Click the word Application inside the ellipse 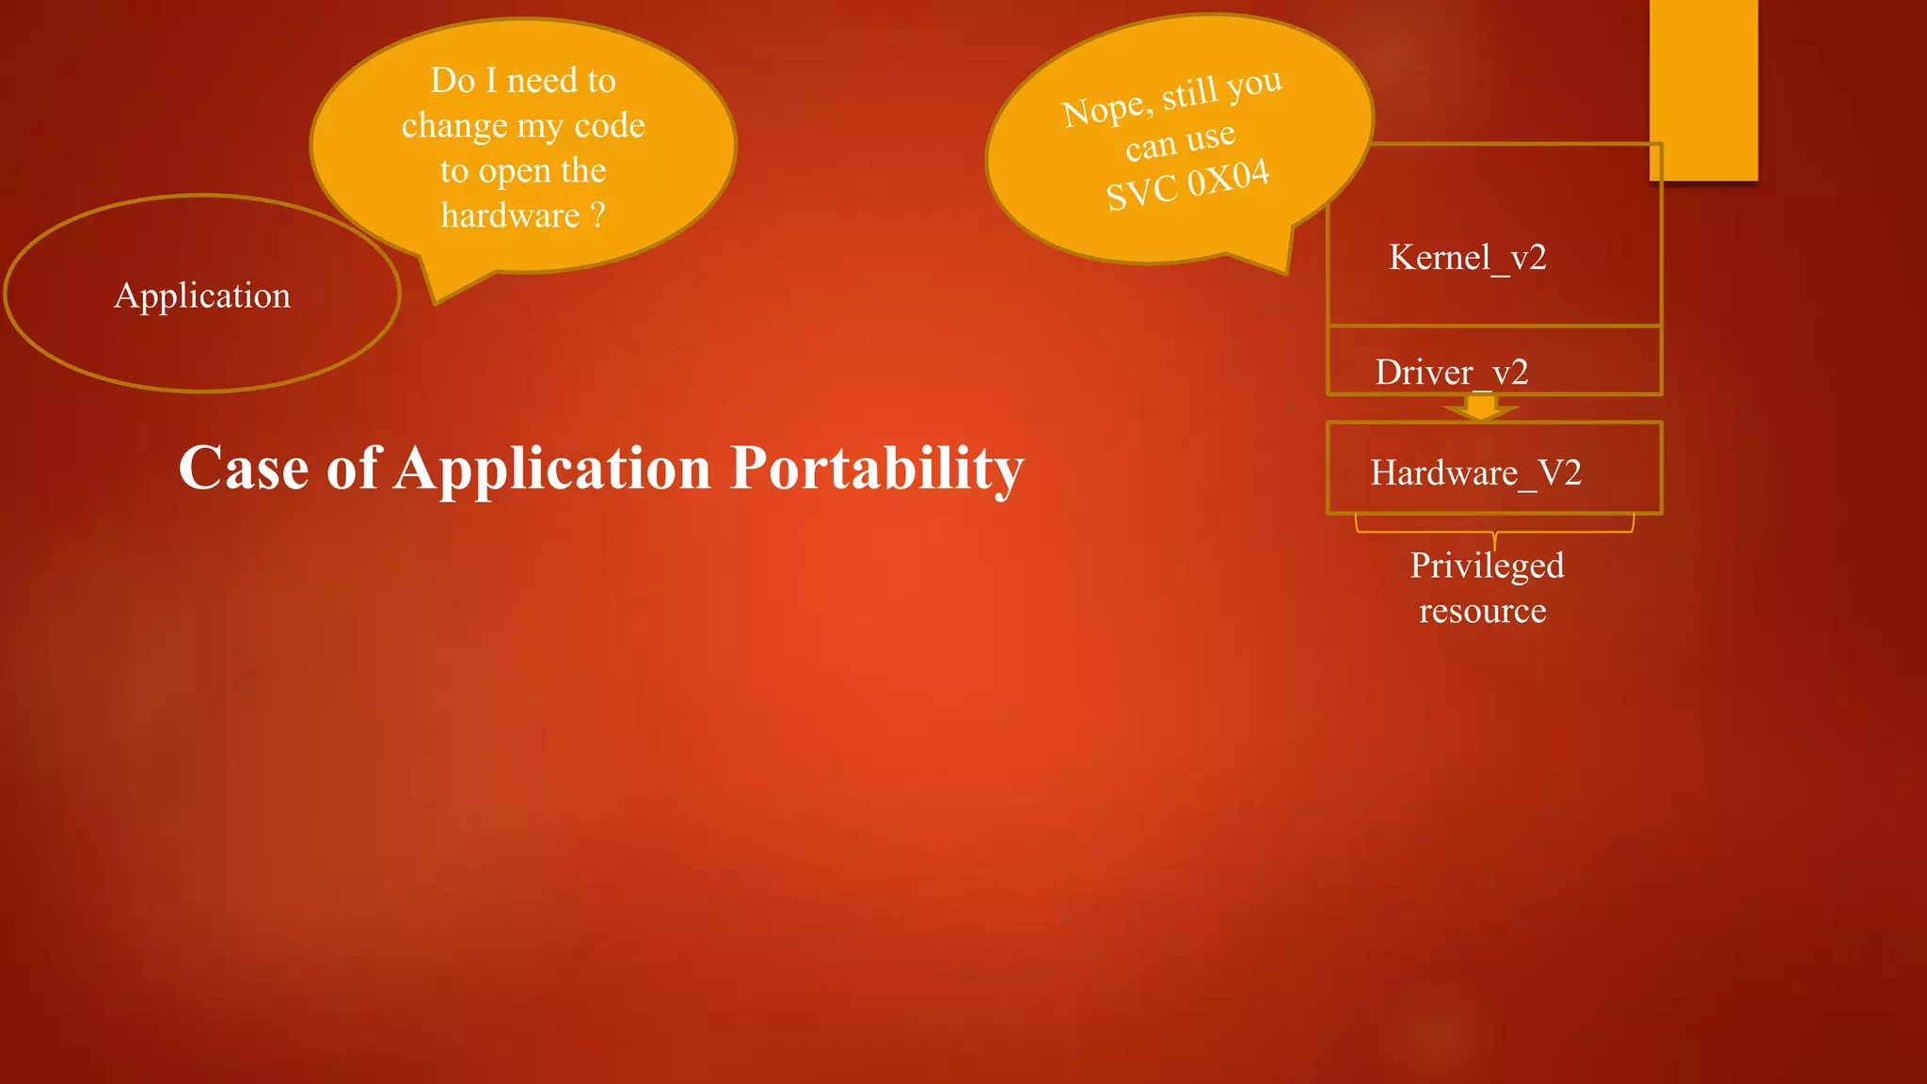(202, 295)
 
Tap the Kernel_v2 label (1467, 257)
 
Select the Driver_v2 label (1451, 373)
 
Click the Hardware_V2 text (1474, 472)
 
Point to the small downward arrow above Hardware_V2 (1481, 407)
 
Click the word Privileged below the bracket (1487, 566)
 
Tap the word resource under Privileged (1482, 612)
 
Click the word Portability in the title (877, 469)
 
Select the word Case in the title (243, 469)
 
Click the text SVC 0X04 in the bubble (1187, 184)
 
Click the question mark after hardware (597, 215)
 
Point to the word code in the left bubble (610, 125)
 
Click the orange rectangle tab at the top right (1703, 89)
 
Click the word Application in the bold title (552, 469)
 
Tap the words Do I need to (523, 81)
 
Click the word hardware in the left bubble (510, 215)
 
